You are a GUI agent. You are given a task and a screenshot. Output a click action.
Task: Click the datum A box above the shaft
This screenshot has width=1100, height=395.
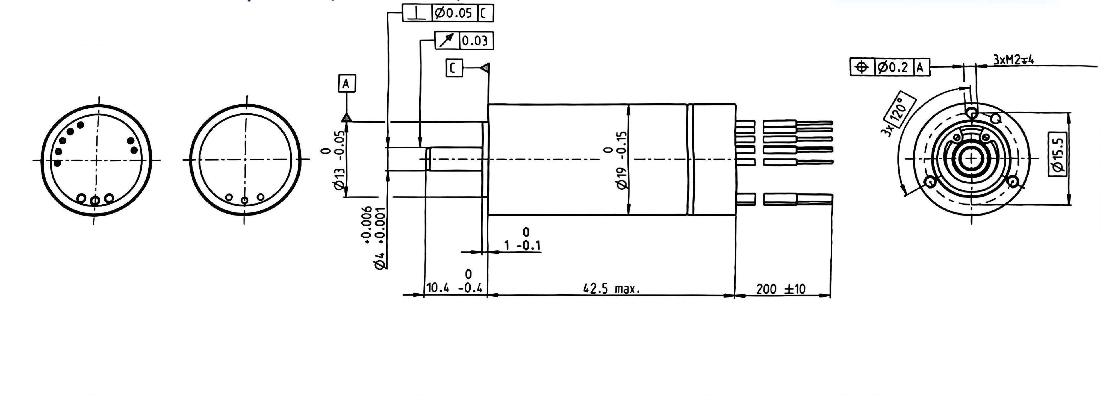click(346, 84)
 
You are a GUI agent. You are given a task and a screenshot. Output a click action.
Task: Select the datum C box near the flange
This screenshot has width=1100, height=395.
click(454, 68)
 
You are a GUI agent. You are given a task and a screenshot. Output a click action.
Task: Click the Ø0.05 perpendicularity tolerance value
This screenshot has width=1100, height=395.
click(453, 13)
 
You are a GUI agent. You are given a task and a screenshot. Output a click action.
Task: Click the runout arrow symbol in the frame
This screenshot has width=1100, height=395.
click(446, 41)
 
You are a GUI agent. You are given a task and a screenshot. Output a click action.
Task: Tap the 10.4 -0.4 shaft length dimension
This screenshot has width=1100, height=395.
click(454, 287)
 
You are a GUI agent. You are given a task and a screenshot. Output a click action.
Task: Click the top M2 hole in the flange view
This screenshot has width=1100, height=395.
click(972, 113)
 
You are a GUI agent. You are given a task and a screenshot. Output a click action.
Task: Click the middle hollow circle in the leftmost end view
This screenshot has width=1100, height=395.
click(96, 200)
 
